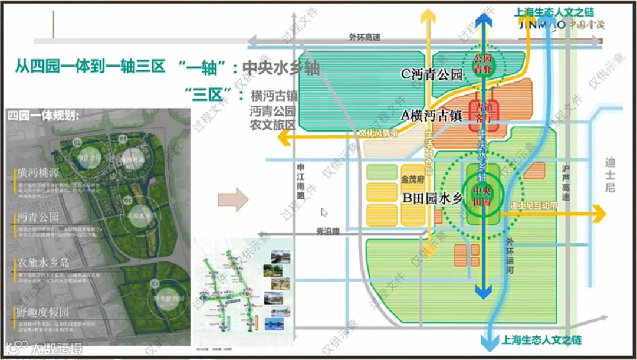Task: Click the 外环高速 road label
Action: [365, 37]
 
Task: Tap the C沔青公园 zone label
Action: [431, 75]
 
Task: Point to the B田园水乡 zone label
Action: [433, 199]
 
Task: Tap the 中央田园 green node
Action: [483, 195]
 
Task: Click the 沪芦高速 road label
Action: [566, 182]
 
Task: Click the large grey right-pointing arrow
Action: [233, 199]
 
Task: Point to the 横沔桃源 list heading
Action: [38, 173]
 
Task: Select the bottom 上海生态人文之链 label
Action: [541, 340]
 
